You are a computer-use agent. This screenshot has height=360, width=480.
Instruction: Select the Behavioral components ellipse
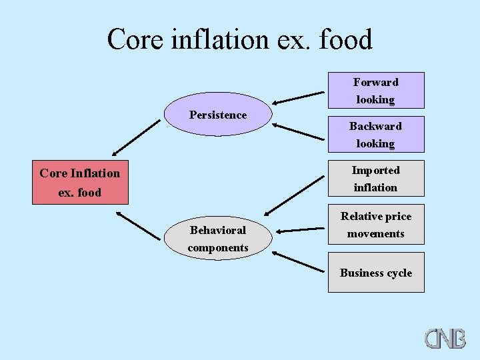point(218,239)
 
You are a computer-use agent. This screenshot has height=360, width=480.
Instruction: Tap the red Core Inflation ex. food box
point(80,183)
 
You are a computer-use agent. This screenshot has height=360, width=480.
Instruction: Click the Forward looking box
point(375,91)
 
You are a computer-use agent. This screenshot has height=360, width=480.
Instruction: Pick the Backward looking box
point(375,135)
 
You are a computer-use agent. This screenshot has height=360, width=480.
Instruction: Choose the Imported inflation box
point(375,179)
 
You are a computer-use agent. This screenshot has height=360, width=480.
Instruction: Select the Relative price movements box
point(375,225)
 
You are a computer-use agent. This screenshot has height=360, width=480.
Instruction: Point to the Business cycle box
point(375,273)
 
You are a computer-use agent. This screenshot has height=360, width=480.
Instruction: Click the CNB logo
point(445,337)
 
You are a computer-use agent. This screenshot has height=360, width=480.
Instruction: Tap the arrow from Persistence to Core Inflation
point(136,137)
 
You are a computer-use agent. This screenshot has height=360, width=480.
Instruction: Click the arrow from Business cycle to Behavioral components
point(297,261)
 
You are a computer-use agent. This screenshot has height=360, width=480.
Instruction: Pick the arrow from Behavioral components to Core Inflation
point(138,226)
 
